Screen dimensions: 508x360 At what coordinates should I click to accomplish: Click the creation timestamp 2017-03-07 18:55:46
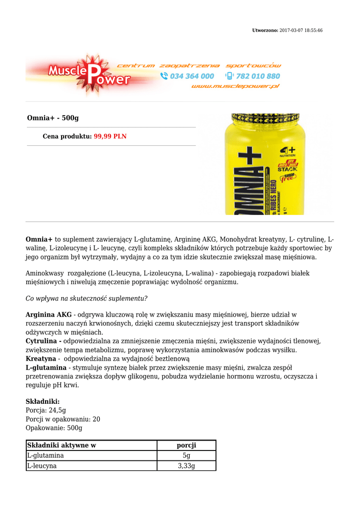pos(301,31)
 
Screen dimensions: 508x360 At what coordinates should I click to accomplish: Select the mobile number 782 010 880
pos(258,76)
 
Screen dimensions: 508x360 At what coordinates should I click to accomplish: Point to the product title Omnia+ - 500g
pos(53,118)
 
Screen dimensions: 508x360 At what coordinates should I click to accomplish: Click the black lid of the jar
pos(262,119)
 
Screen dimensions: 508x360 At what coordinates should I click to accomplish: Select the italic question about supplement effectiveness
pos(86,298)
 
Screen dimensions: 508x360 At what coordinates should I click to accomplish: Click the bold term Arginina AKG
pos(49,315)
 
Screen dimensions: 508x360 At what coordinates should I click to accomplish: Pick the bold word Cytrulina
pos(44,341)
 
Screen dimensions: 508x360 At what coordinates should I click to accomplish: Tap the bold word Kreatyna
pos(41,358)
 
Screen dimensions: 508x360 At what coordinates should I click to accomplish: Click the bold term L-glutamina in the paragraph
pos(46,368)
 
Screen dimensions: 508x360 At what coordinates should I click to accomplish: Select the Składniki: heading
pos(43,401)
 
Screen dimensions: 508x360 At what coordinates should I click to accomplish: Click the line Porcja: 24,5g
pos(46,410)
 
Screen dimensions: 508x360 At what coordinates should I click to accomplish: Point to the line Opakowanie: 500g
pos(54,428)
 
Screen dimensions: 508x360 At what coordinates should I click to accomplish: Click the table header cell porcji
pos(186,445)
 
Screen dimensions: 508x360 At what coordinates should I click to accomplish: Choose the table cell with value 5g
pos(186,455)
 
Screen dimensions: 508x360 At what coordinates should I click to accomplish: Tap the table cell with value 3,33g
pos(186,466)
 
